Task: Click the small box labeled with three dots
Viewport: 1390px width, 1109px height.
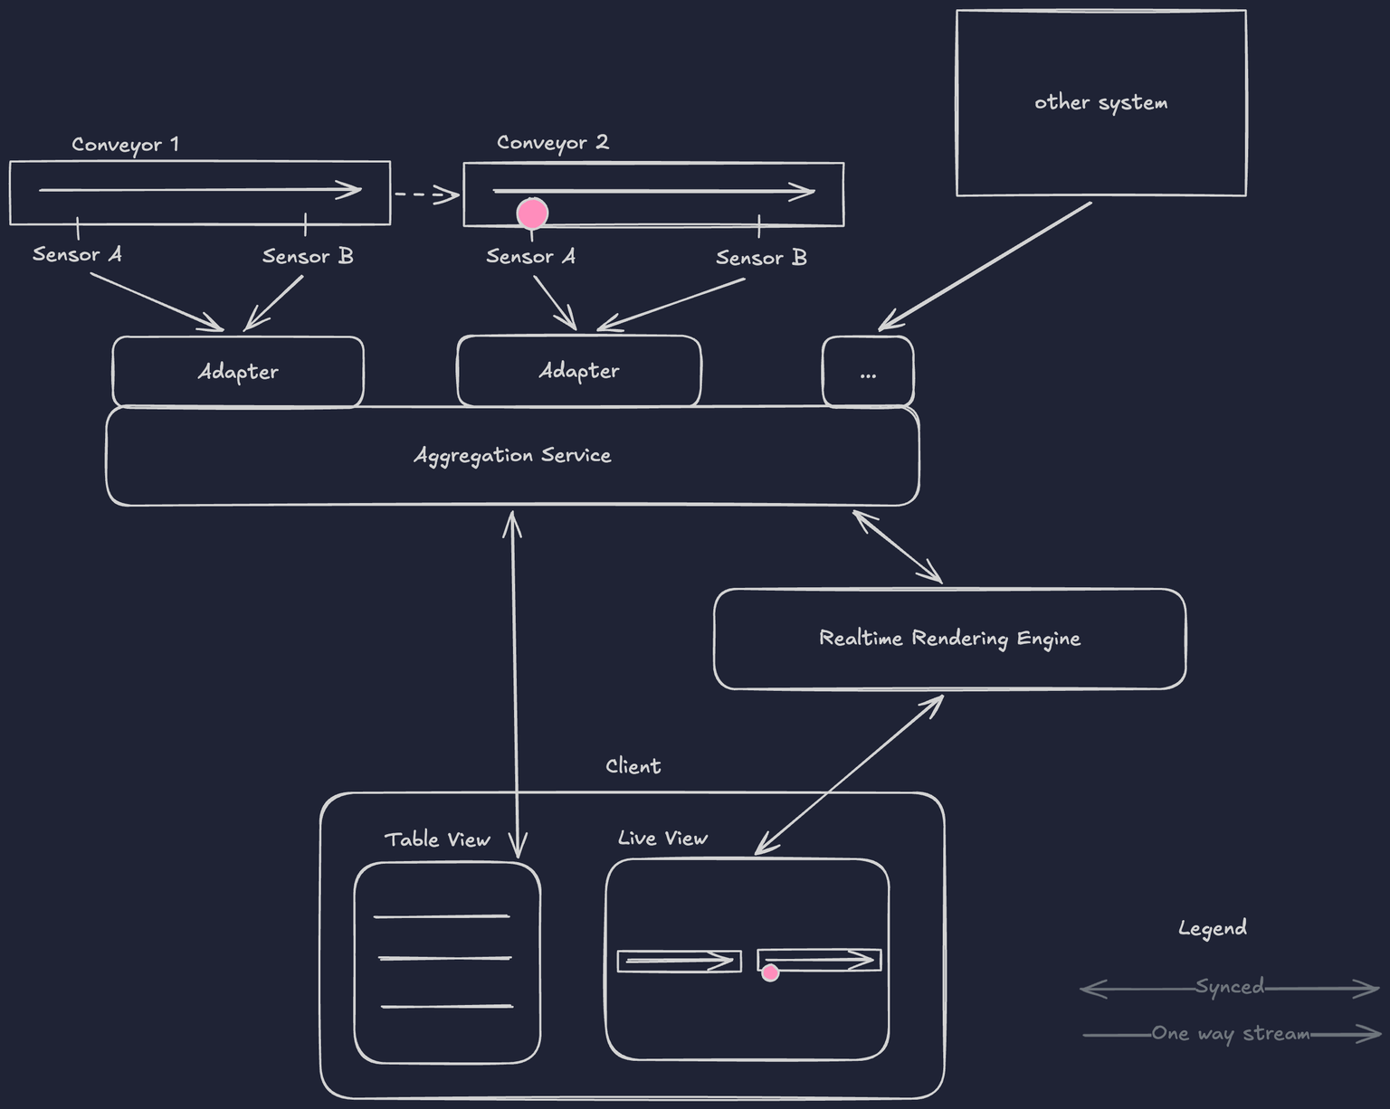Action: pyautogui.click(x=868, y=372)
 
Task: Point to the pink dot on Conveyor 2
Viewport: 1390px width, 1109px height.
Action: pyautogui.click(x=532, y=213)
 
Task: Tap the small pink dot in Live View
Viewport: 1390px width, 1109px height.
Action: pyautogui.click(x=770, y=972)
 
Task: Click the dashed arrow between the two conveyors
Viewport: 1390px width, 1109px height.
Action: pyautogui.click(x=426, y=194)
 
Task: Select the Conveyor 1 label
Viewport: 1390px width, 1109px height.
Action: pyautogui.click(x=125, y=145)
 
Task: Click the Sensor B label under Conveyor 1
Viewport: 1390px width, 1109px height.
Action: pyautogui.click(x=308, y=257)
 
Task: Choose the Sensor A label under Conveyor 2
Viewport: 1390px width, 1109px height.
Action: pyautogui.click(x=530, y=257)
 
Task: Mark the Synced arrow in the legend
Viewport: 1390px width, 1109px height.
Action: pyautogui.click(x=1229, y=987)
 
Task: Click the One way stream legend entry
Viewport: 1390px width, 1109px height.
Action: pyautogui.click(x=1231, y=1034)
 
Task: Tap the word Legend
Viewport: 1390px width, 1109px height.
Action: pyautogui.click(x=1212, y=928)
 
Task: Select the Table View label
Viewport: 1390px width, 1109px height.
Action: pyautogui.click(x=437, y=840)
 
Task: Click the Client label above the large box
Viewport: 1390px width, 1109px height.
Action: pyautogui.click(x=633, y=767)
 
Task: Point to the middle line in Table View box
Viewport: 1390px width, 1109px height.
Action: pyautogui.click(x=445, y=958)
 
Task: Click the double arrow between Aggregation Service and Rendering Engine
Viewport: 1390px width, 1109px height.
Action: pyautogui.click(x=897, y=546)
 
